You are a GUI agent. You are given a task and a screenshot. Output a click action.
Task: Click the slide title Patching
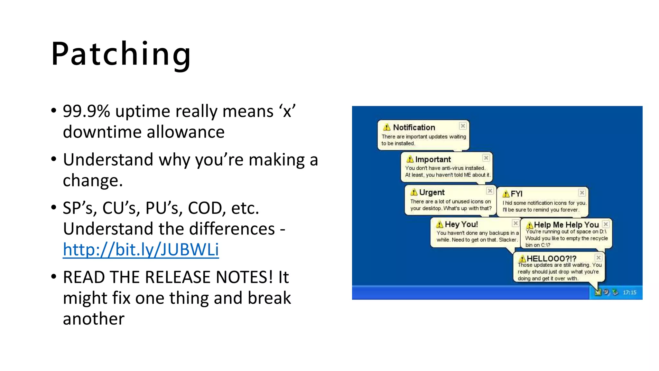click(121, 54)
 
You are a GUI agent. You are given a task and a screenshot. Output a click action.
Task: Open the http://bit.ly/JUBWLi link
click(141, 250)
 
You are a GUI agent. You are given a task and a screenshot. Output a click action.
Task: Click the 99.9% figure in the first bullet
click(86, 111)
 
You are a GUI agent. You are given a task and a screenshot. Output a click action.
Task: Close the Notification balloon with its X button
click(463, 126)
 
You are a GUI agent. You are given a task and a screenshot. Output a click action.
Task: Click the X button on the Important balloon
click(486, 158)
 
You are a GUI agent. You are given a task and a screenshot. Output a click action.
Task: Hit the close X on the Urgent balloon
click(490, 191)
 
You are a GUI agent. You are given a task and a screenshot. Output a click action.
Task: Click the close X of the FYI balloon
click(582, 193)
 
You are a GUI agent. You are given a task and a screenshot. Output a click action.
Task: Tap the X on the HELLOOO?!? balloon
click(598, 258)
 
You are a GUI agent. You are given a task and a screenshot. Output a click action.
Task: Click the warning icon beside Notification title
click(387, 127)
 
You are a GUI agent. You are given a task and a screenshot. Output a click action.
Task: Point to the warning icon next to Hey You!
click(439, 224)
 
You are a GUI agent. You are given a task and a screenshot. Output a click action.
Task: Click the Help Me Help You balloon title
click(566, 225)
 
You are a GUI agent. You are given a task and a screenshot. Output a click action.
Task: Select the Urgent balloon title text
click(432, 193)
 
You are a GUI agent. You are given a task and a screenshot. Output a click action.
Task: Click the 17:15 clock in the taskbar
click(629, 292)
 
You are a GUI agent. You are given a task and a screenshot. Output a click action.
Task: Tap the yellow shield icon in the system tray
click(598, 292)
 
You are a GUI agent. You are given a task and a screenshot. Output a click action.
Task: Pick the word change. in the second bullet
click(93, 180)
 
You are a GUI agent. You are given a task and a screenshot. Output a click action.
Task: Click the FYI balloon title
click(516, 194)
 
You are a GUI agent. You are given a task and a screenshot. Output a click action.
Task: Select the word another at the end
click(93, 319)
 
